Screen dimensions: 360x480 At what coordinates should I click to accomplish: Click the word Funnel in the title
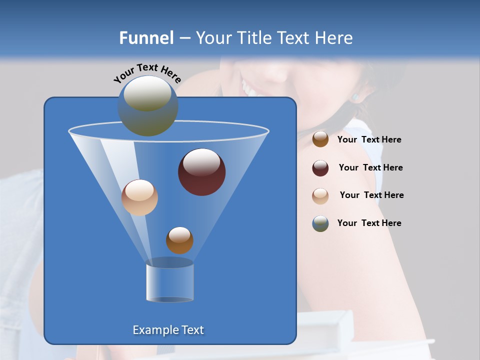(x=146, y=38)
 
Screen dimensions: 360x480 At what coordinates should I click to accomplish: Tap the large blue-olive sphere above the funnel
(x=147, y=106)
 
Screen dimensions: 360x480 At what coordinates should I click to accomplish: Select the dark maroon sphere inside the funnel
(x=202, y=172)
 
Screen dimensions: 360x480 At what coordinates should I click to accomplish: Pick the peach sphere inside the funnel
(x=139, y=197)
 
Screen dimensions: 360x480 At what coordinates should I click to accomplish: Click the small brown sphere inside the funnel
(x=179, y=240)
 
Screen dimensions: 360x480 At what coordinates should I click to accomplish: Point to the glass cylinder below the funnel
(x=169, y=282)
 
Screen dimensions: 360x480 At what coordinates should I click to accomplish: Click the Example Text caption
(x=168, y=330)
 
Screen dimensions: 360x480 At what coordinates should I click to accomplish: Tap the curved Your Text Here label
(x=147, y=72)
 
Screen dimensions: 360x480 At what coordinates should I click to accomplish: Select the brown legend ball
(x=320, y=139)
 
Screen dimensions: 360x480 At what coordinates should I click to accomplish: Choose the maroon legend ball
(x=320, y=168)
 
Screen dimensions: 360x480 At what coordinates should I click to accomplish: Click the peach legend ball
(x=320, y=195)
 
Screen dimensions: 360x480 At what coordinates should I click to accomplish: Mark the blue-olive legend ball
(x=320, y=223)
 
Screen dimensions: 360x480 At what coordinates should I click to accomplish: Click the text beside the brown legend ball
(x=369, y=140)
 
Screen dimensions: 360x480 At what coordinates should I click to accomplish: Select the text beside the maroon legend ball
(x=370, y=168)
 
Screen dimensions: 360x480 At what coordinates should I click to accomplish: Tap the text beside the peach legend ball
(x=371, y=195)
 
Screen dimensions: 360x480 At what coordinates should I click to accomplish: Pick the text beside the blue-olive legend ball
(x=369, y=223)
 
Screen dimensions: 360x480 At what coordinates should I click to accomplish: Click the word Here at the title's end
(x=335, y=38)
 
